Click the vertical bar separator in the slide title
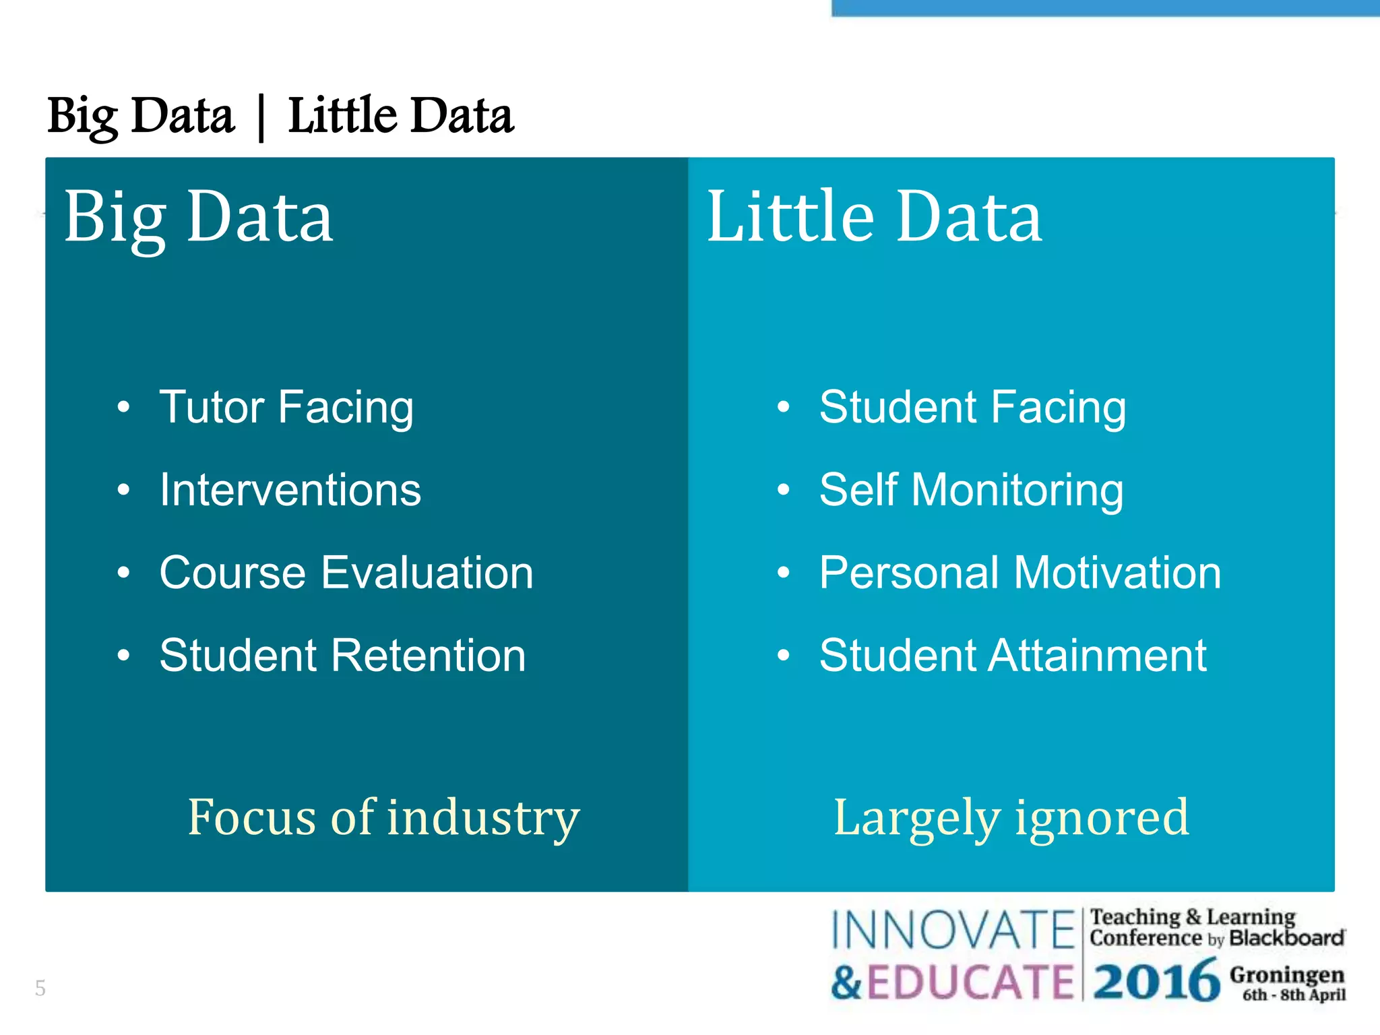click(261, 118)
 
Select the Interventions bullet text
click(290, 490)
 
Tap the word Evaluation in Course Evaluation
click(427, 573)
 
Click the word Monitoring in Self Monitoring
click(1017, 490)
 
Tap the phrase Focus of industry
click(383, 817)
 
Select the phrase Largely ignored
click(1011, 817)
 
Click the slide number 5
click(40, 988)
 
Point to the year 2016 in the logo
click(1156, 981)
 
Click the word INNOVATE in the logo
click(953, 930)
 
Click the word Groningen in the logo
click(1287, 974)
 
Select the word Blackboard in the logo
click(1286, 938)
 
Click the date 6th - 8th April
click(1294, 995)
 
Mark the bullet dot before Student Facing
click(782, 407)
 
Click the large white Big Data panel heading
click(198, 217)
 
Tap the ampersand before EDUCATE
click(846, 982)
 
